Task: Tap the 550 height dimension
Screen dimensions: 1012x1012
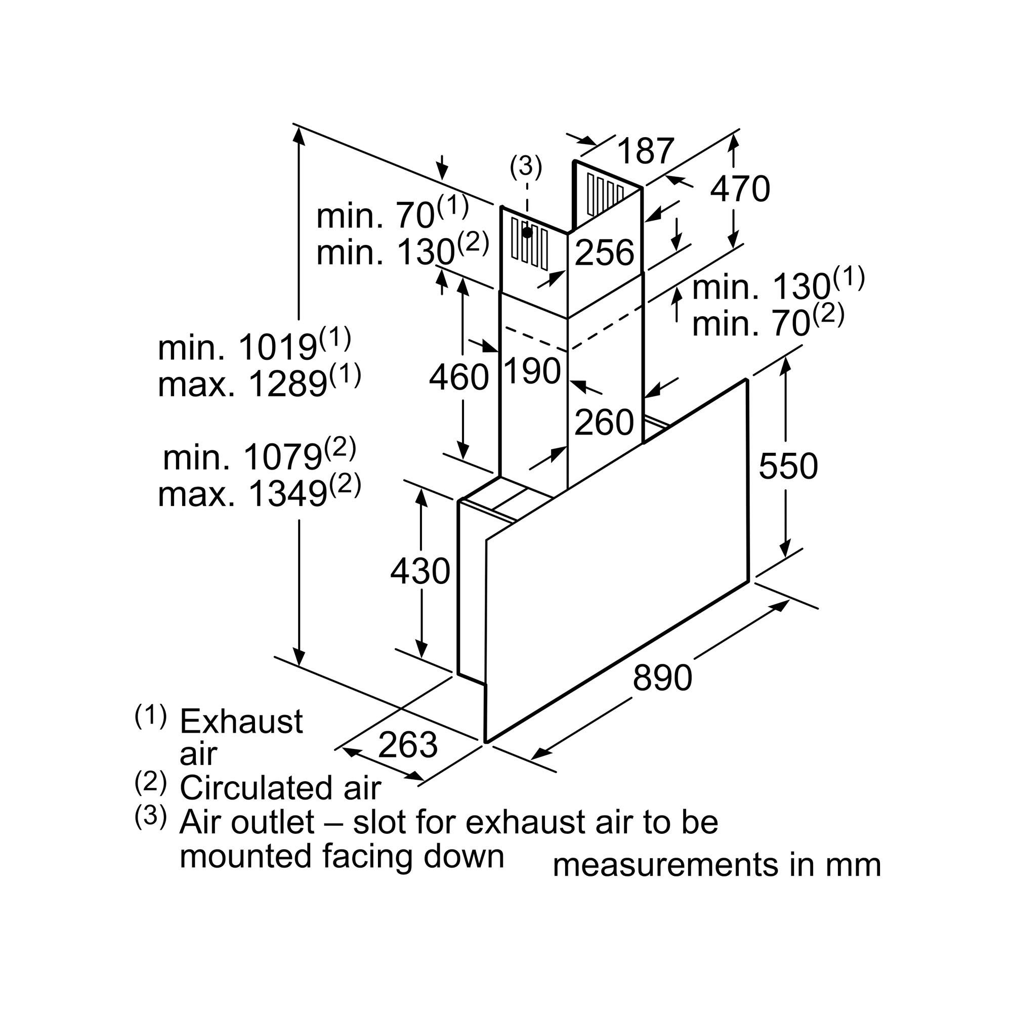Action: (x=788, y=466)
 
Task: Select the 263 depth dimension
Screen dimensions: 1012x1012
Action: (x=407, y=744)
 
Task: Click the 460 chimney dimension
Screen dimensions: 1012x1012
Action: (x=459, y=376)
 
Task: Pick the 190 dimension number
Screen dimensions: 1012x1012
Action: (x=532, y=371)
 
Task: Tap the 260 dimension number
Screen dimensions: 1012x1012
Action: (x=604, y=422)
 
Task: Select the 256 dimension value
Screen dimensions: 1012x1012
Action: (x=605, y=252)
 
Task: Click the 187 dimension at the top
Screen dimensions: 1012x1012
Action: (x=645, y=151)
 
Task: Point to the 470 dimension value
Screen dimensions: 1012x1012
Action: (x=740, y=188)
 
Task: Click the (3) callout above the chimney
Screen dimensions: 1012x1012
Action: (x=526, y=166)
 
